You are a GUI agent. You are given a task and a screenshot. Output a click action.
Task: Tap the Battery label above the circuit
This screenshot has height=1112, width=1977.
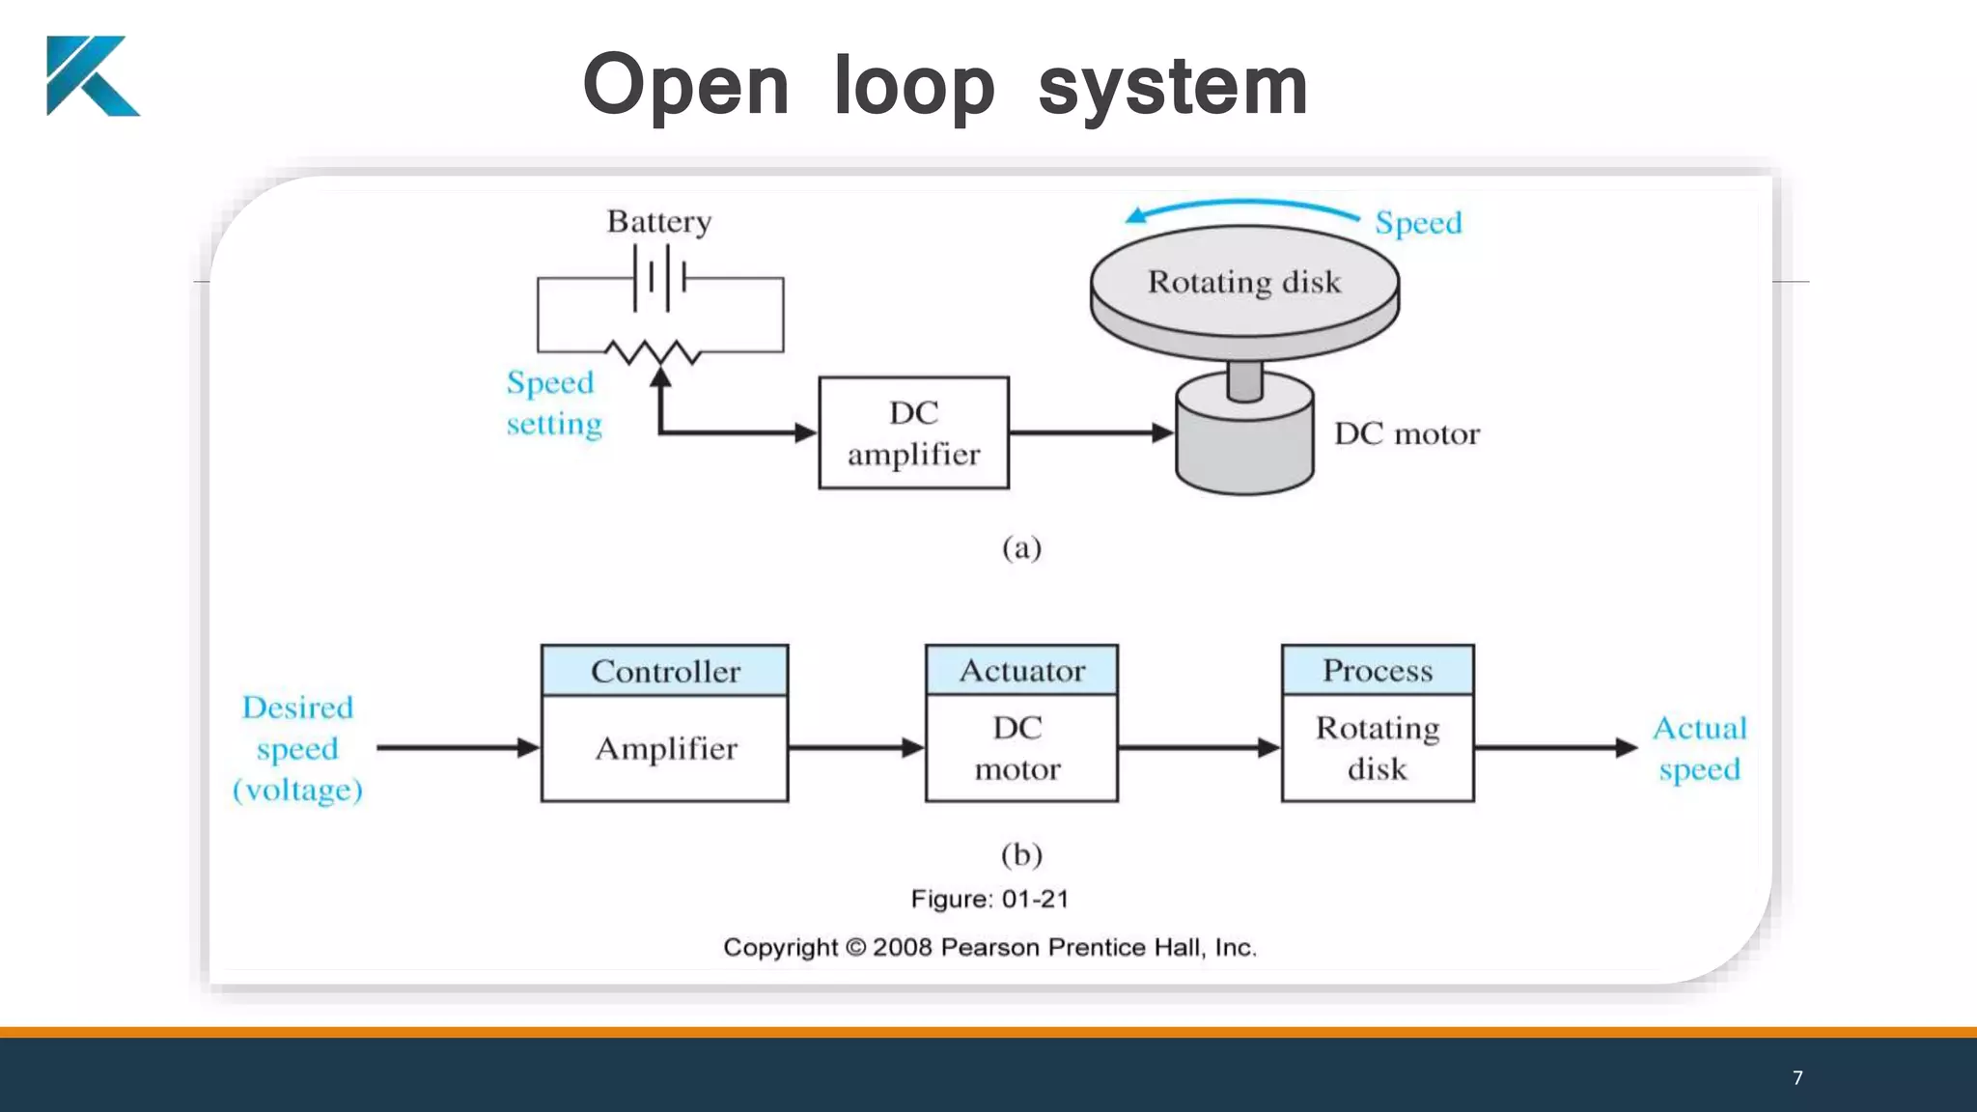coord(659,222)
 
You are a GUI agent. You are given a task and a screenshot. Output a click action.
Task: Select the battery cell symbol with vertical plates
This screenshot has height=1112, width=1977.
coord(660,278)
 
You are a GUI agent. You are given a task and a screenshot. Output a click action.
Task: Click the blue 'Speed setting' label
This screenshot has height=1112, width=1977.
coord(553,403)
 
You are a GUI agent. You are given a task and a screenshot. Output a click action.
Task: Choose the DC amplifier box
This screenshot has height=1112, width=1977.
coord(913,433)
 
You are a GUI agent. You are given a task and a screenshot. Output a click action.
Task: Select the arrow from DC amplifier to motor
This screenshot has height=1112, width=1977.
coord(1091,433)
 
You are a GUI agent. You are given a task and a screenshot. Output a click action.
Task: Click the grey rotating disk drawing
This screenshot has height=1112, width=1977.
coord(1243,290)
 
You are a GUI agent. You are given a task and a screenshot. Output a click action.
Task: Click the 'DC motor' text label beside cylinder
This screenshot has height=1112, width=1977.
coord(1406,434)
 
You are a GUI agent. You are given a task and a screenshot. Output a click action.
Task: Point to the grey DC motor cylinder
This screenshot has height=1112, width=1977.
coord(1244,439)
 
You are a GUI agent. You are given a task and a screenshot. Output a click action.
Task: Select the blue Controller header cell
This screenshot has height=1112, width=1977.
coord(664,671)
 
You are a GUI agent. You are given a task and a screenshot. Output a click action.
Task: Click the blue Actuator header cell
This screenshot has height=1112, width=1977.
coord(1021,670)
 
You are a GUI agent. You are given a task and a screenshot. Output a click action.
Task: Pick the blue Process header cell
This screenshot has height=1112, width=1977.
coord(1377,670)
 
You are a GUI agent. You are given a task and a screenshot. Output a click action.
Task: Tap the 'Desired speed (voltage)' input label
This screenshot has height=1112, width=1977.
coord(297,748)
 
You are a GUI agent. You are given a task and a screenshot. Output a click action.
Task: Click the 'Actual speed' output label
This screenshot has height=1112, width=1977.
coord(1699,748)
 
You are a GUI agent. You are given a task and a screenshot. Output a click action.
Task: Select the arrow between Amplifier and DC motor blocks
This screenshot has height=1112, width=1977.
coord(855,748)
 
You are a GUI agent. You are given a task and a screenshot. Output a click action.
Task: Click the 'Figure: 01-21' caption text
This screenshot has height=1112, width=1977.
coord(989,900)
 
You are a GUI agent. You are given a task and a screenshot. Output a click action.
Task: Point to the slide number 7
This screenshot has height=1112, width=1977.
coord(1796,1078)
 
